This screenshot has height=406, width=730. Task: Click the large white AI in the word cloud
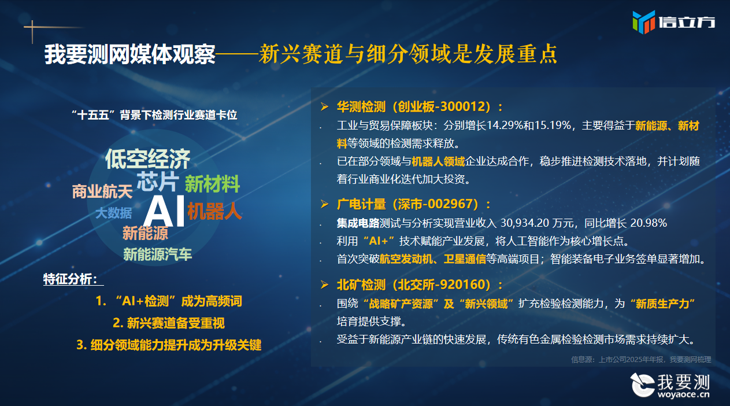pyautogui.click(x=164, y=211)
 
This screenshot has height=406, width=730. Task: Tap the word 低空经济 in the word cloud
pyautogui.click(x=147, y=159)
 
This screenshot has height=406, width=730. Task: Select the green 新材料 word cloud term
pyautogui.click(x=212, y=184)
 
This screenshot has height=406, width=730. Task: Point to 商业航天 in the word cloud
pyautogui.click(x=102, y=191)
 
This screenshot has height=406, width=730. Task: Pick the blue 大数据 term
pyautogui.click(x=114, y=213)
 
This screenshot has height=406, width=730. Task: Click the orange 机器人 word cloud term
pyautogui.click(x=214, y=211)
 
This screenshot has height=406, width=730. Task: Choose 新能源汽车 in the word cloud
pyautogui.click(x=157, y=254)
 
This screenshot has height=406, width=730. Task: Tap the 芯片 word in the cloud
pyautogui.click(x=158, y=182)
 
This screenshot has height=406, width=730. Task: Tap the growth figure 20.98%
pyautogui.click(x=649, y=223)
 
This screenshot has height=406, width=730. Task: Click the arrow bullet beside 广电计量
pyautogui.click(x=324, y=204)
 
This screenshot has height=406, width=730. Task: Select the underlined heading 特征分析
pyautogui.click(x=71, y=279)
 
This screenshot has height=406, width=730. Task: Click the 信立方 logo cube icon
pyautogui.click(x=644, y=22)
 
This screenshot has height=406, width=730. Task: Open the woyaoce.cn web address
pyautogui.click(x=683, y=394)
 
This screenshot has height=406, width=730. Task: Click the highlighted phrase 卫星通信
pyautogui.click(x=465, y=259)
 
